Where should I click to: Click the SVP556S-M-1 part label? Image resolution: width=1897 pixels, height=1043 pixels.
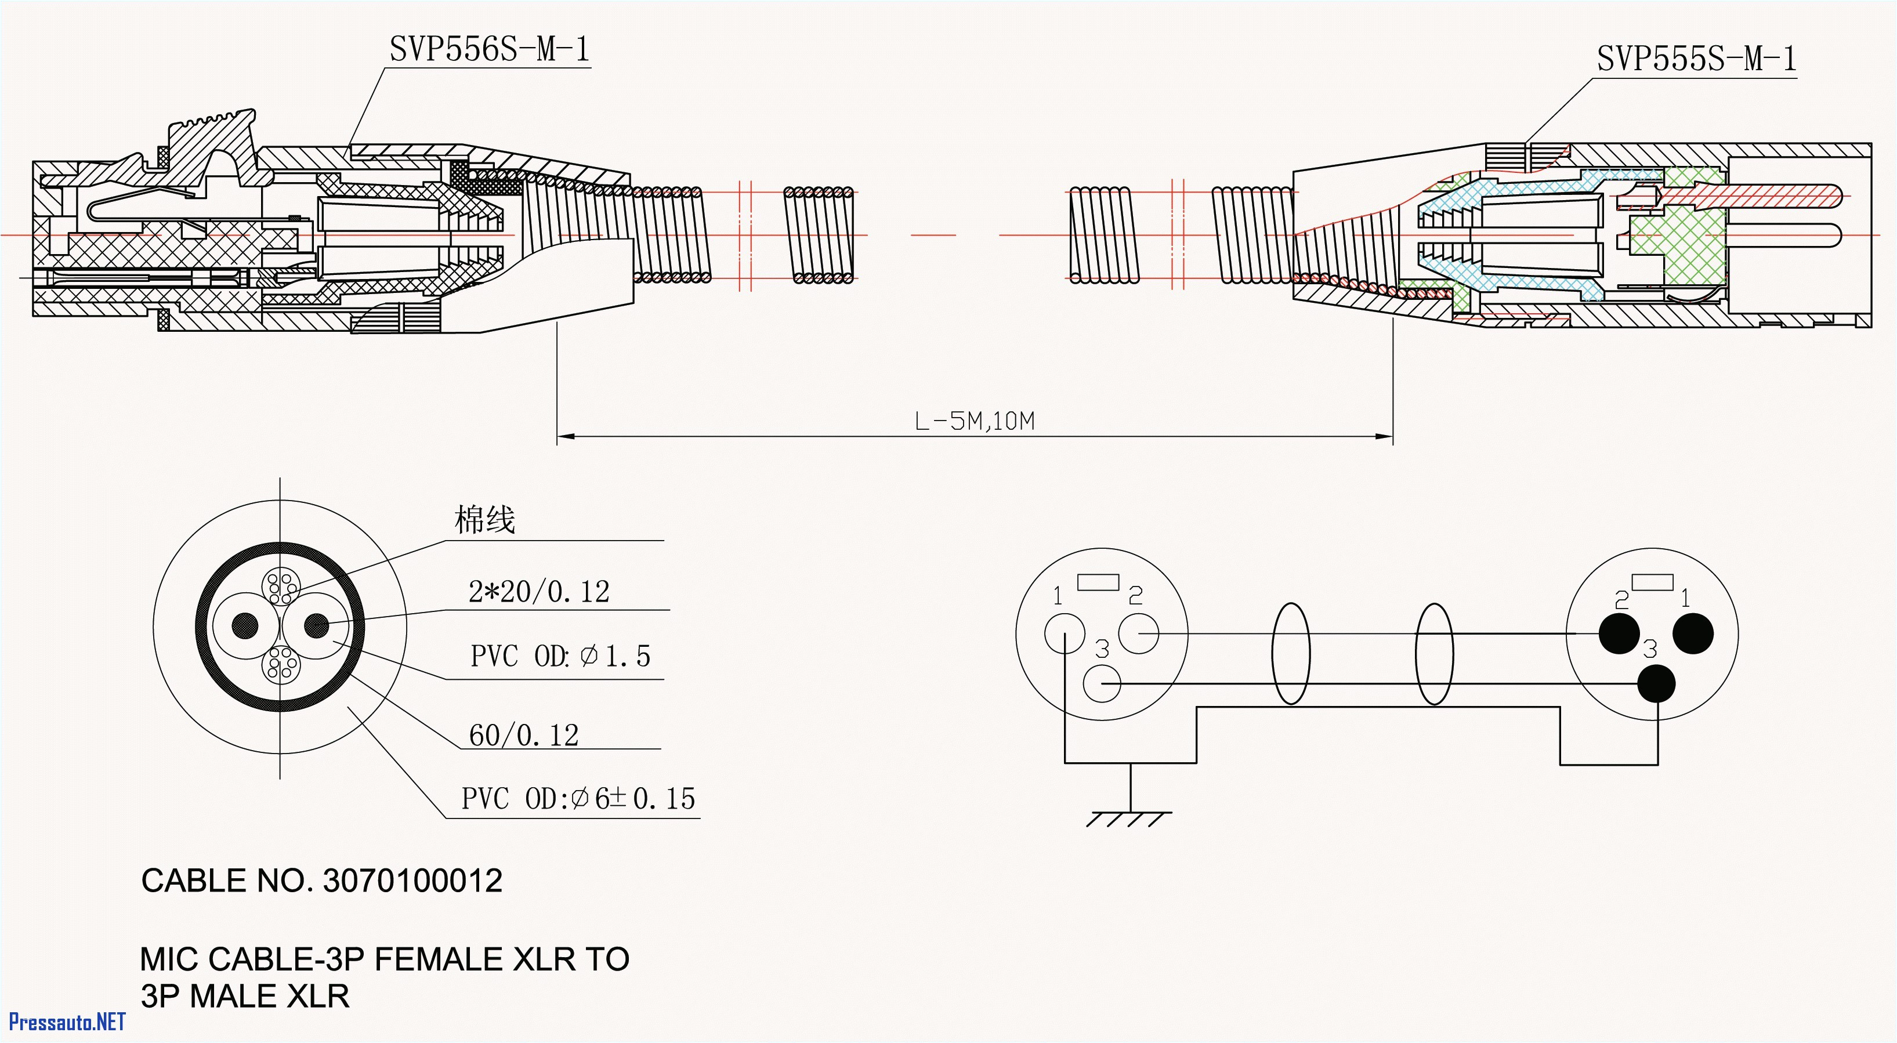tap(489, 50)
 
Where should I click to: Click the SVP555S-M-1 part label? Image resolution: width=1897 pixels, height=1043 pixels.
tap(1696, 59)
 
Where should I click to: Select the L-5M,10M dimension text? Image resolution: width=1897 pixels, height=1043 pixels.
tap(974, 421)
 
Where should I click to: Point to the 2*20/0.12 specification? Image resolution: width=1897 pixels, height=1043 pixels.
tap(538, 592)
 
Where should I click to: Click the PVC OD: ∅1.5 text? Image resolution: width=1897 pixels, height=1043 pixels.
tap(560, 656)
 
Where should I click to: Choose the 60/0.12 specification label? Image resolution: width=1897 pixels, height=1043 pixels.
tap(524, 735)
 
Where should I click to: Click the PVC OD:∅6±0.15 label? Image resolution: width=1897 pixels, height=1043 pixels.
tap(577, 798)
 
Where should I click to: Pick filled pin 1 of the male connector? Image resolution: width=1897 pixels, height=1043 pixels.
tap(1693, 633)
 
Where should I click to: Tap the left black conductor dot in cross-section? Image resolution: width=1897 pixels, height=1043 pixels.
tap(245, 626)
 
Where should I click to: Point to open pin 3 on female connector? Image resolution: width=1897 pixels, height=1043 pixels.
tap(1102, 683)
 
